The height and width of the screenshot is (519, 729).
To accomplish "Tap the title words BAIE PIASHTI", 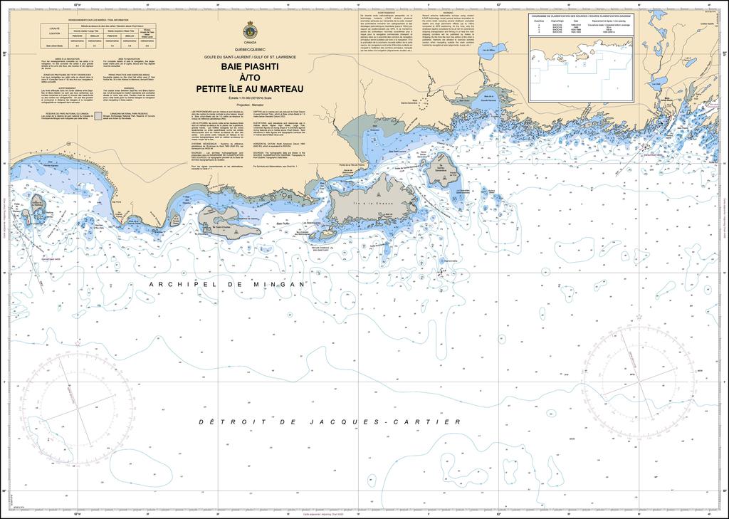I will click(248, 68).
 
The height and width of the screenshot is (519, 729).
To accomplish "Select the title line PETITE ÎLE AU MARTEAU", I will click(248, 88).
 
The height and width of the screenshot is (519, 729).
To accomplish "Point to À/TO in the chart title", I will click(248, 78).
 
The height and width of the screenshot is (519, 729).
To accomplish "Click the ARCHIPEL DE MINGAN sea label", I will click(227, 284).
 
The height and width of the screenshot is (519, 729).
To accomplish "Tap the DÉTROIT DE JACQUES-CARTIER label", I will click(330, 422).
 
